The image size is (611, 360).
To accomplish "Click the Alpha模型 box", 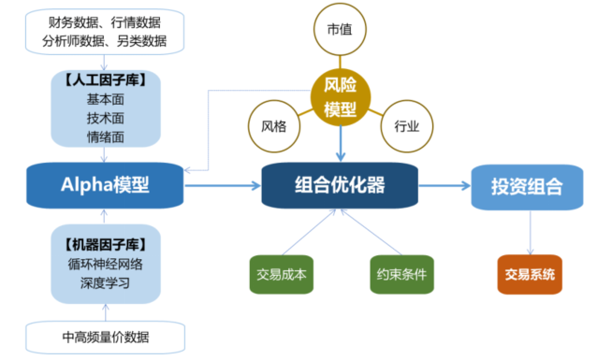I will click(106, 184).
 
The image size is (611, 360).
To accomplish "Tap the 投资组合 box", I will click(527, 185).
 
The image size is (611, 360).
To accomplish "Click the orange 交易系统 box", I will click(530, 274).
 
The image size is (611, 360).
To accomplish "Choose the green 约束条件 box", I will click(401, 275).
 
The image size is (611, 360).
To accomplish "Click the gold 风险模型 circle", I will click(341, 98).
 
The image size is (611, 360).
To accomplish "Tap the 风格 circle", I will click(273, 125).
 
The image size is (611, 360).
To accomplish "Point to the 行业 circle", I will click(407, 125).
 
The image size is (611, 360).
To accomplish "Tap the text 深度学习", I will click(106, 282).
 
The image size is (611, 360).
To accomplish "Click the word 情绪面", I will click(106, 137).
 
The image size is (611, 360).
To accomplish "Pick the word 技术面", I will click(106, 118).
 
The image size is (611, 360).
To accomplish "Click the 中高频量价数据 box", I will click(106, 337).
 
